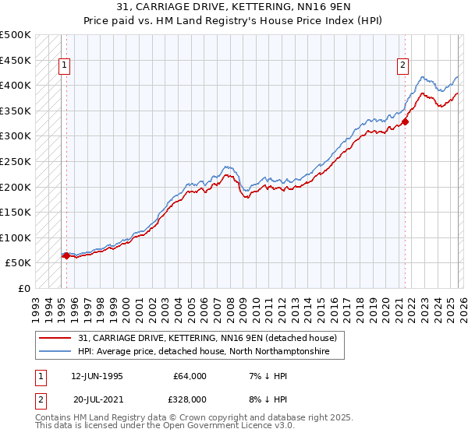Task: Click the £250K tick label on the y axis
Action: pyautogui.click(x=16, y=161)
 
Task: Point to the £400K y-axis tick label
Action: pyautogui.click(x=16, y=85)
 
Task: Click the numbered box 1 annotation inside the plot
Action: pyautogui.click(x=63, y=66)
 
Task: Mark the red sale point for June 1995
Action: pyautogui.click(x=66, y=255)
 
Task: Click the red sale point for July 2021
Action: pyautogui.click(x=406, y=121)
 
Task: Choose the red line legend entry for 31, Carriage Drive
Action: pyautogui.click(x=207, y=338)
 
